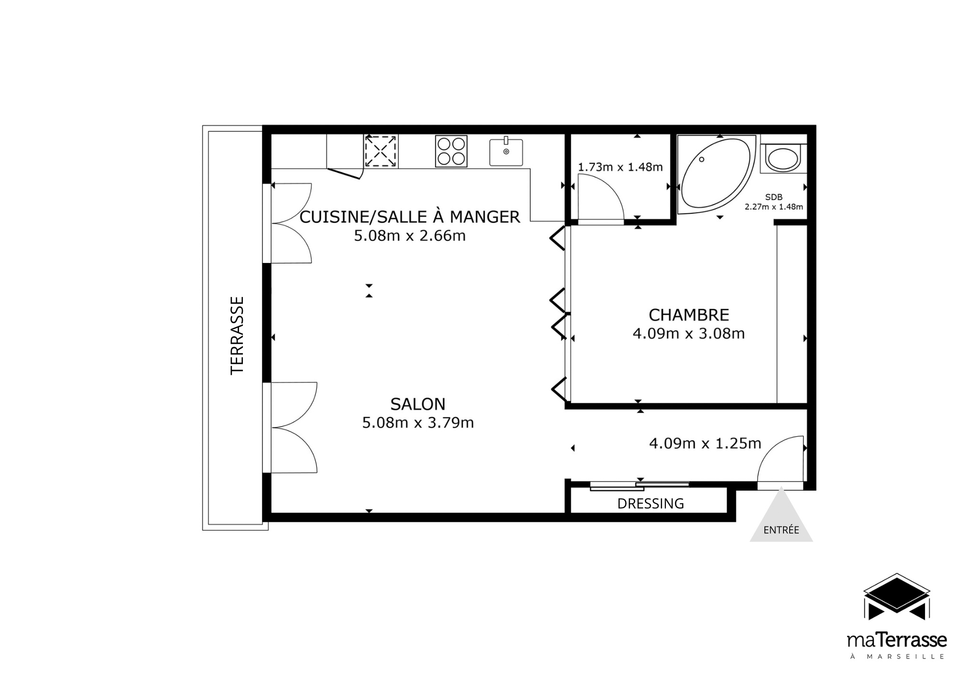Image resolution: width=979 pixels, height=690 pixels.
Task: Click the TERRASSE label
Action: coord(237,335)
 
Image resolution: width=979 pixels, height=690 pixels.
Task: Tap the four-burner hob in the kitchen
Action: coord(451,151)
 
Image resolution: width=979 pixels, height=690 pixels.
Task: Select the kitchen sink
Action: coord(506,152)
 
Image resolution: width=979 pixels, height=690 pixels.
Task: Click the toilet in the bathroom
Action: coord(783,158)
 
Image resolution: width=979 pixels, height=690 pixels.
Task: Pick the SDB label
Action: coord(773,197)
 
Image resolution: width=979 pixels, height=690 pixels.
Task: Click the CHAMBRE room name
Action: coord(689,315)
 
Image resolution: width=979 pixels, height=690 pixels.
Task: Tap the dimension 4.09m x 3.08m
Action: coord(689,333)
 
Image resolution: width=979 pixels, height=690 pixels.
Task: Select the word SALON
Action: coord(418,405)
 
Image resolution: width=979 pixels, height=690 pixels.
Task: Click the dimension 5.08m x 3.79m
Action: coord(418,423)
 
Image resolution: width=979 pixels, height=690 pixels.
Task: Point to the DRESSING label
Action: coord(651,504)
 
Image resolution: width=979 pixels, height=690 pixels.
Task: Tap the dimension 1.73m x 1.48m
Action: coord(620,167)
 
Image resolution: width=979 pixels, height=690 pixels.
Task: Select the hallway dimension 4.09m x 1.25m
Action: coord(705,444)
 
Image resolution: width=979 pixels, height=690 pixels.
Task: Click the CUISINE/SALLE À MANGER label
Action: coord(410,217)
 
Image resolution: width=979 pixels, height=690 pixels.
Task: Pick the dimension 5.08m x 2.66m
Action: coord(410,236)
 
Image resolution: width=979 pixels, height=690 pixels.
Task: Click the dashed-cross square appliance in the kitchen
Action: coord(381,151)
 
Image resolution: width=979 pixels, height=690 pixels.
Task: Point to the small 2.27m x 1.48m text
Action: coord(773,207)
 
